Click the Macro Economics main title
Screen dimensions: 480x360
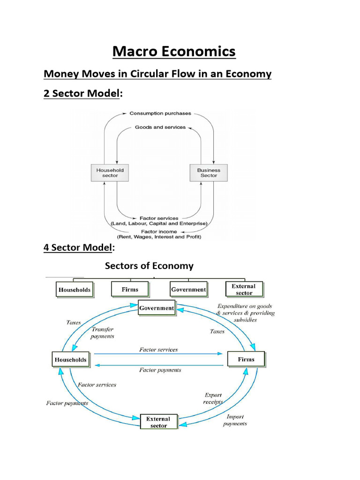[x=174, y=51]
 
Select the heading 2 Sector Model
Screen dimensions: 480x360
[x=82, y=93]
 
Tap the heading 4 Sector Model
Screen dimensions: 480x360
[x=78, y=247]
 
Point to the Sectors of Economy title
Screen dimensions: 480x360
[x=149, y=266]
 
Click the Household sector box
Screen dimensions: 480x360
[x=110, y=173]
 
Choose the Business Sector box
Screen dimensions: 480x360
[x=209, y=173]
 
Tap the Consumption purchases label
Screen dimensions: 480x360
[x=160, y=113]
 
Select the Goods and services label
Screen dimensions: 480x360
[x=160, y=127]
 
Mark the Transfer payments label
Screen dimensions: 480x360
[x=102, y=333]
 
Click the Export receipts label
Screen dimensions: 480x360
[x=213, y=398]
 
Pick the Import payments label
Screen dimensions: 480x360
[x=235, y=420]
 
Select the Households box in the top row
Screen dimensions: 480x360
[x=74, y=290]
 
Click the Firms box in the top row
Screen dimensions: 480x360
[x=130, y=289]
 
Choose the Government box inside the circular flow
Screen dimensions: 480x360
[x=157, y=308]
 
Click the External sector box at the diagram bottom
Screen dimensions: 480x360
[x=158, y=422]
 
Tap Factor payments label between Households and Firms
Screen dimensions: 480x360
[x=160, y=370]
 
